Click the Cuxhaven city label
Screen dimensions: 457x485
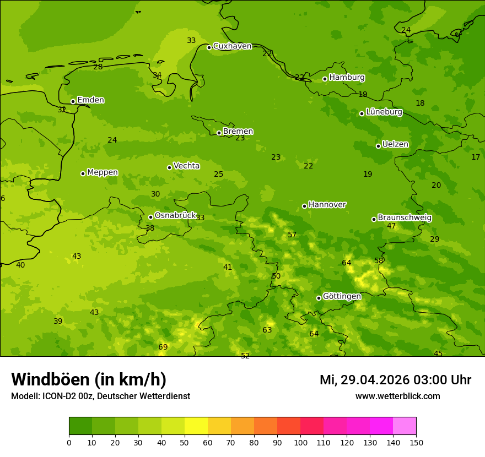click(x=232, y=46)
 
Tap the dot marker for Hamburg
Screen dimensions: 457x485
click(x=325, y=79)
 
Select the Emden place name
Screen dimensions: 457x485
click(x=90, y=100)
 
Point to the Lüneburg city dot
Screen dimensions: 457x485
click(x=362, y=113)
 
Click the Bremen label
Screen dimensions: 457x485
click(x=238, y=132)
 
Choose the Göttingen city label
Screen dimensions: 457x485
click(x=342, y=297)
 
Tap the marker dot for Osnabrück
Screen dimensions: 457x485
click(x=150, y=217)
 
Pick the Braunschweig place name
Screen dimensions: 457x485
click(x=405, y=218)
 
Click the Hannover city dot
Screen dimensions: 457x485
click(x=304, y=206)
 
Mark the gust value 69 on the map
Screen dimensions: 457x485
click(x=163, y=347)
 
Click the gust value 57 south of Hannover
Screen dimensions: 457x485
click(x=292, y=235)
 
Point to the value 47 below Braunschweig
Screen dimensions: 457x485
click(x=391, y=226)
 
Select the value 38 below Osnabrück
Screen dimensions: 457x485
click(x=150, y=228)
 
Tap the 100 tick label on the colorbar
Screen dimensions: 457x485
click(x=300, y=442)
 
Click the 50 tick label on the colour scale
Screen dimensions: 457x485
click(x=185, y=442)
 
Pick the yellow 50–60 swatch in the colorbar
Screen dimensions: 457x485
click(x=196, y=426)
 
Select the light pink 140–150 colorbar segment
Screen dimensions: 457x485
click(x=405, y=426)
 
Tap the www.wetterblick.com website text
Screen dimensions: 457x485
click(x=397, y=396)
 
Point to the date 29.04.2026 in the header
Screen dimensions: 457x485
click(x=375, y=380)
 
